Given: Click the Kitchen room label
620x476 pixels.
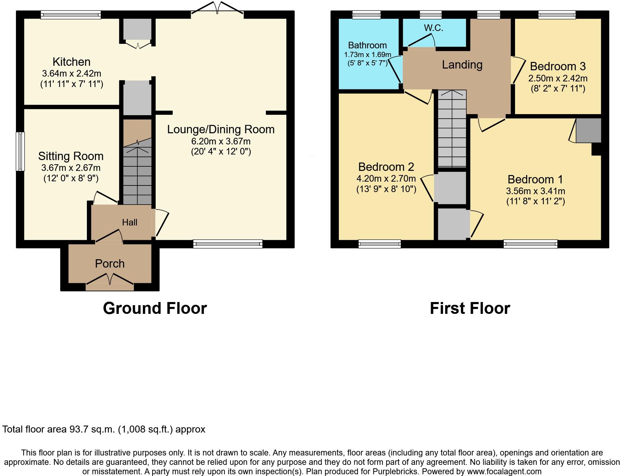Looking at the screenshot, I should (71, 62).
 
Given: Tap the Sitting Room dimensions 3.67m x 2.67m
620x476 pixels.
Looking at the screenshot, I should (71, 168).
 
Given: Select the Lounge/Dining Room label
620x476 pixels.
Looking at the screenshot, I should (221, 129).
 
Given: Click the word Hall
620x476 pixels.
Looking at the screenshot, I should (130, 222).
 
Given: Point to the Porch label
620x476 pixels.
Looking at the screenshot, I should (110, 264).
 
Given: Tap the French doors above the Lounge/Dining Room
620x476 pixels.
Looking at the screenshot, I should (217, 9).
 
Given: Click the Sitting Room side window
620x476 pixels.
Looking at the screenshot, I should (21, 151).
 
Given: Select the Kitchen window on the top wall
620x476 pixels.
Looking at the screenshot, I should (71, 15).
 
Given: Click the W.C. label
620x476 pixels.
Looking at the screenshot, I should (433, 28).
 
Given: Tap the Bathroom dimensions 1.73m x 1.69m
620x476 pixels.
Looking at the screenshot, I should (367, 55).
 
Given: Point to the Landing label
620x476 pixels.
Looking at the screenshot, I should (462, 65).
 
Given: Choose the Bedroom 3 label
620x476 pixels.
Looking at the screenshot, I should (557, 66).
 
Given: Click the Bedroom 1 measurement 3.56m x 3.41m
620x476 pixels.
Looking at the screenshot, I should (535, 191).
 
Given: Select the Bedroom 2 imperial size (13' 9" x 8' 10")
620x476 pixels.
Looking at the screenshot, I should (386, 189).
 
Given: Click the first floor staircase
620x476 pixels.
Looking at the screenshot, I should (451, 129).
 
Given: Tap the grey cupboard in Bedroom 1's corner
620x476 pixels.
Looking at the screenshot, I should (588, 130).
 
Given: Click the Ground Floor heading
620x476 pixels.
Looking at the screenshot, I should (155, 308).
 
